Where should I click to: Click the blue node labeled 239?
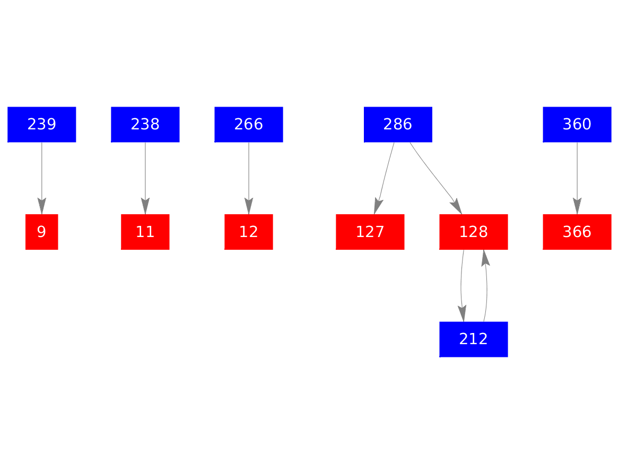tap(42, 125)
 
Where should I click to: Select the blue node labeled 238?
tap(145, 125)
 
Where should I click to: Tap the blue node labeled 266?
tap(249, 125)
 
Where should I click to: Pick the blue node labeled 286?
tap(398, 125)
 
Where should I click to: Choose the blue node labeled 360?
tap(577, 125)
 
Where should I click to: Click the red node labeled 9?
tap(42, 232)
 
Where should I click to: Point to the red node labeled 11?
tap(145, 232)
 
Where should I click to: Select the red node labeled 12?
tap(249, 232)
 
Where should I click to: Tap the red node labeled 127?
tap(370, 232)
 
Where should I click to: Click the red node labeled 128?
tap(474, 232)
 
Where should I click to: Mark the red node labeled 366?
tap(577, 232)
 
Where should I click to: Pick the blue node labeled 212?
tap(474, 339)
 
